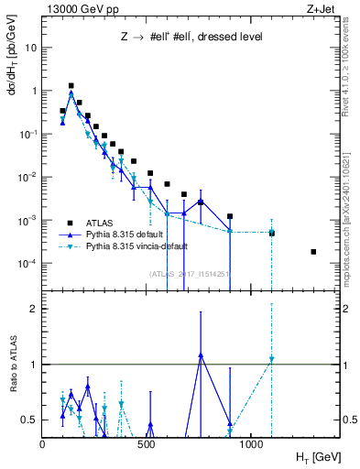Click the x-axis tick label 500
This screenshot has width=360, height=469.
pos(147,444)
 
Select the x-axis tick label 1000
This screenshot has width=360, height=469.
pos(250,444)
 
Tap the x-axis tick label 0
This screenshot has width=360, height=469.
pos(42,444)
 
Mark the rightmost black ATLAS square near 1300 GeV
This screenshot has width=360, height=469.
pos(313,252)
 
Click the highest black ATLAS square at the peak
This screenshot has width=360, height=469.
pos(71,85)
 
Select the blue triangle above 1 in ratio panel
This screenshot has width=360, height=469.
pos(201,354)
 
